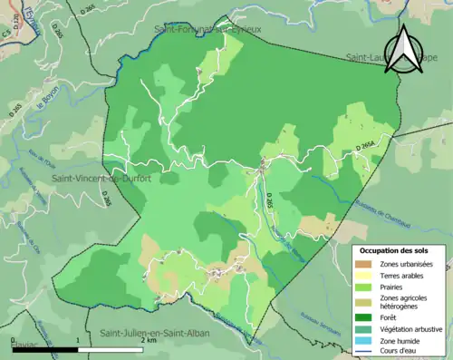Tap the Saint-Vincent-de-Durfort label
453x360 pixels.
tap(101, 179)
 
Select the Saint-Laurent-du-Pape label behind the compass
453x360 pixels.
tap(381, 58)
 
